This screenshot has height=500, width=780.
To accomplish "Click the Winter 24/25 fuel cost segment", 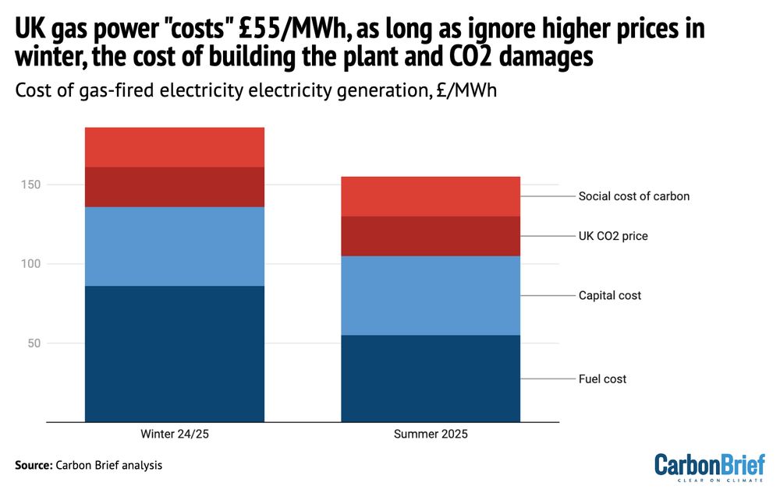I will pos(175,354).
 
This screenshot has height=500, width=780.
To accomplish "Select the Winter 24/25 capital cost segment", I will pos(175,246).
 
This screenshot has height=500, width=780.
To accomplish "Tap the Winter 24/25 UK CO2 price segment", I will pos(175,187).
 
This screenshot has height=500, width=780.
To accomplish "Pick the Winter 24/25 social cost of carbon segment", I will pos(175,147).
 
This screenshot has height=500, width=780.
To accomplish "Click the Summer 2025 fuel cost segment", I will pos(431,379).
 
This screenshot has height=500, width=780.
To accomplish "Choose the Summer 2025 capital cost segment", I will pos(431,295).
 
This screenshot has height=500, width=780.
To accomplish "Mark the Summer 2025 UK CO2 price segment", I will pos(431,236).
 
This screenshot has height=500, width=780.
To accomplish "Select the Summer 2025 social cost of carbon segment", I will pos(431,196).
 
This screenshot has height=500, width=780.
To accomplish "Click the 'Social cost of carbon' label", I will pos(633,196).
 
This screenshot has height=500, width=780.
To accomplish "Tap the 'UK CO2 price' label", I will pos(613,236).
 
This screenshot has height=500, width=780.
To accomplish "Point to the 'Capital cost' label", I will pos(610,296).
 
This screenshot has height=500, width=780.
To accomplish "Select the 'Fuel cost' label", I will pos(602,379).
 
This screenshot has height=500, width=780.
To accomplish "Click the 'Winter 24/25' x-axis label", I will pos(175,434).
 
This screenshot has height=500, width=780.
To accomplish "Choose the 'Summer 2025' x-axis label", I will pos(431,434).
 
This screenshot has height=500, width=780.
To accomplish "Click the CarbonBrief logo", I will pos(710,466).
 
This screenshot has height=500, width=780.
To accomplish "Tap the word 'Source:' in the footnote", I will pos(33,466).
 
